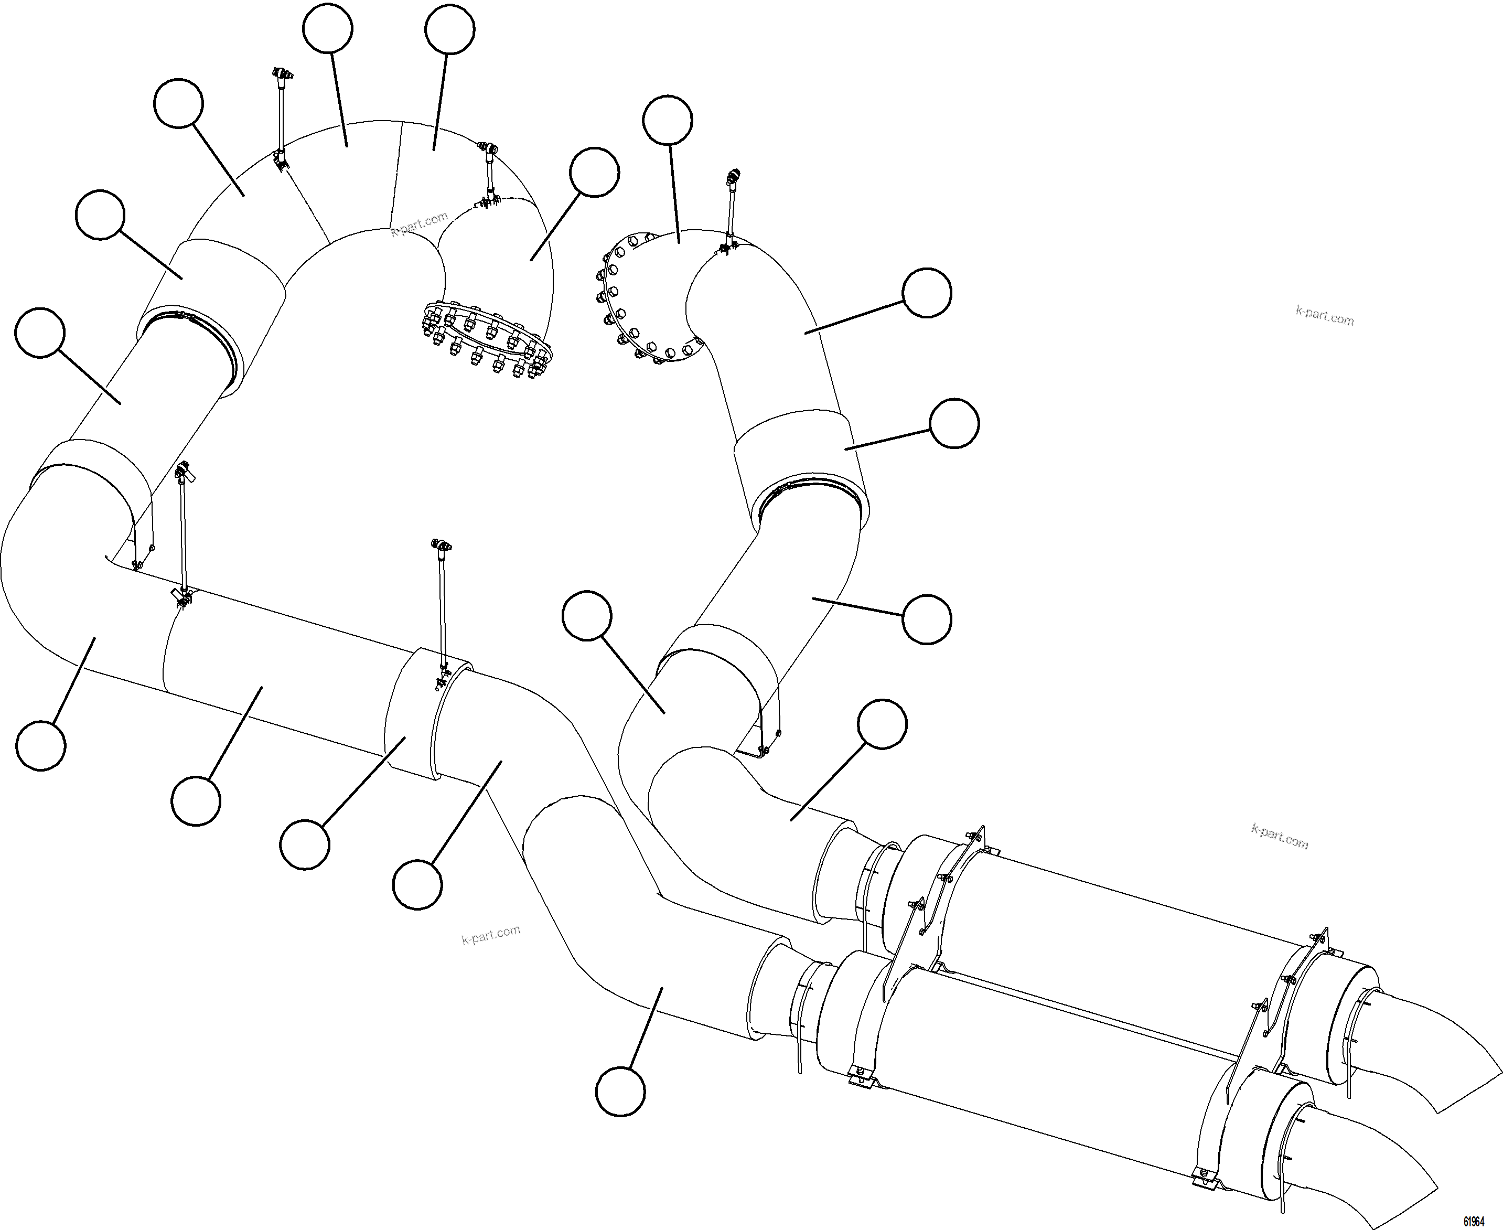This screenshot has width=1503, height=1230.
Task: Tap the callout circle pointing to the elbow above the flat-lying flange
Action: (594, 172)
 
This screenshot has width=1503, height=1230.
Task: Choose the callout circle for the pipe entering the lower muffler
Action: (620, 1092)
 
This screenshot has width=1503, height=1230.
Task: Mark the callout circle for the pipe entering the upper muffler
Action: (882, 724)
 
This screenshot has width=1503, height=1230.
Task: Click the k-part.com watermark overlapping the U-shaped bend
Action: (420, 224)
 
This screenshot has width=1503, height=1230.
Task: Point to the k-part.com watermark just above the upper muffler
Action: (1279, 837)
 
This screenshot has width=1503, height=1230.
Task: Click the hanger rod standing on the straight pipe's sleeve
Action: (443, 609)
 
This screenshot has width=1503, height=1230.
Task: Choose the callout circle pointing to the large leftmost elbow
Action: (41, 745)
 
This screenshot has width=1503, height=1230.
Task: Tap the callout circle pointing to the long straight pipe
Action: (196, 800)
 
